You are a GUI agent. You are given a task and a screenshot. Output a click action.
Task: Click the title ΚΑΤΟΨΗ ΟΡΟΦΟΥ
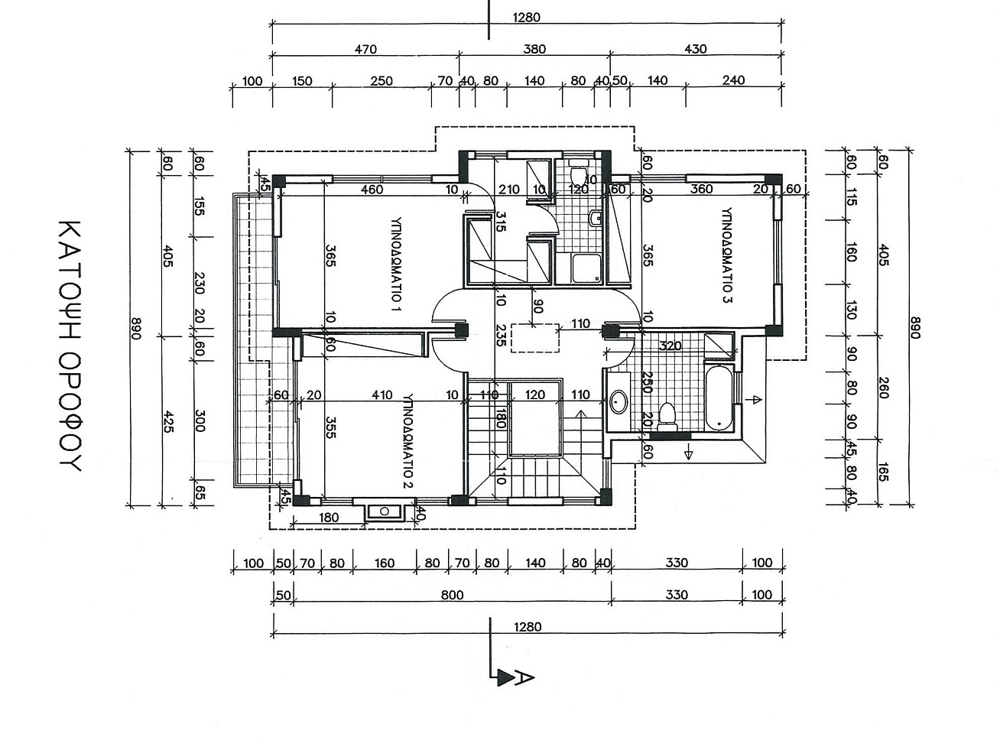70,346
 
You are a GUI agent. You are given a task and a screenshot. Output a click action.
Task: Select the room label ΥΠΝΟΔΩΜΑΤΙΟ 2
408,441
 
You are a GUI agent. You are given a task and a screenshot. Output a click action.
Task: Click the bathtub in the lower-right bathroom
719,397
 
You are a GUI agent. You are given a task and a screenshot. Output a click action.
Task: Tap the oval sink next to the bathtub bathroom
619,401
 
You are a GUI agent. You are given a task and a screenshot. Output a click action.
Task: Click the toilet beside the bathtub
667,417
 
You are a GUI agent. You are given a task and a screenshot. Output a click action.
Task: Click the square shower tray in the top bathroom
587,268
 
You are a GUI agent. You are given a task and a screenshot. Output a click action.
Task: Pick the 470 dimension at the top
365,49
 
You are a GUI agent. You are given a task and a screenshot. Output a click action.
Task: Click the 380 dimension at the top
534,49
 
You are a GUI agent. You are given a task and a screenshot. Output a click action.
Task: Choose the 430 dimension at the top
695,49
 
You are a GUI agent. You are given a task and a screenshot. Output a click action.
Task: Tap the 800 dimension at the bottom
452,595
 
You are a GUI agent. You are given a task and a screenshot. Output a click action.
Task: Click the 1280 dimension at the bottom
528,627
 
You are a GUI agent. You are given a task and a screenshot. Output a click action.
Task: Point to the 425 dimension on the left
168,422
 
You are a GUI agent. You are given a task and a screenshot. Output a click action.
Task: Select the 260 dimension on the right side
883,388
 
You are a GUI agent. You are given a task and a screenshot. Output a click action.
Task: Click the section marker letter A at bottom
524,678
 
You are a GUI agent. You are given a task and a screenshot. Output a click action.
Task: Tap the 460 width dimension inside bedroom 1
372,189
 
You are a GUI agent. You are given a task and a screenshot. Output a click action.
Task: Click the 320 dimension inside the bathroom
670,346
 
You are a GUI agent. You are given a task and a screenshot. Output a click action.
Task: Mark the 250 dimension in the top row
381,80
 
